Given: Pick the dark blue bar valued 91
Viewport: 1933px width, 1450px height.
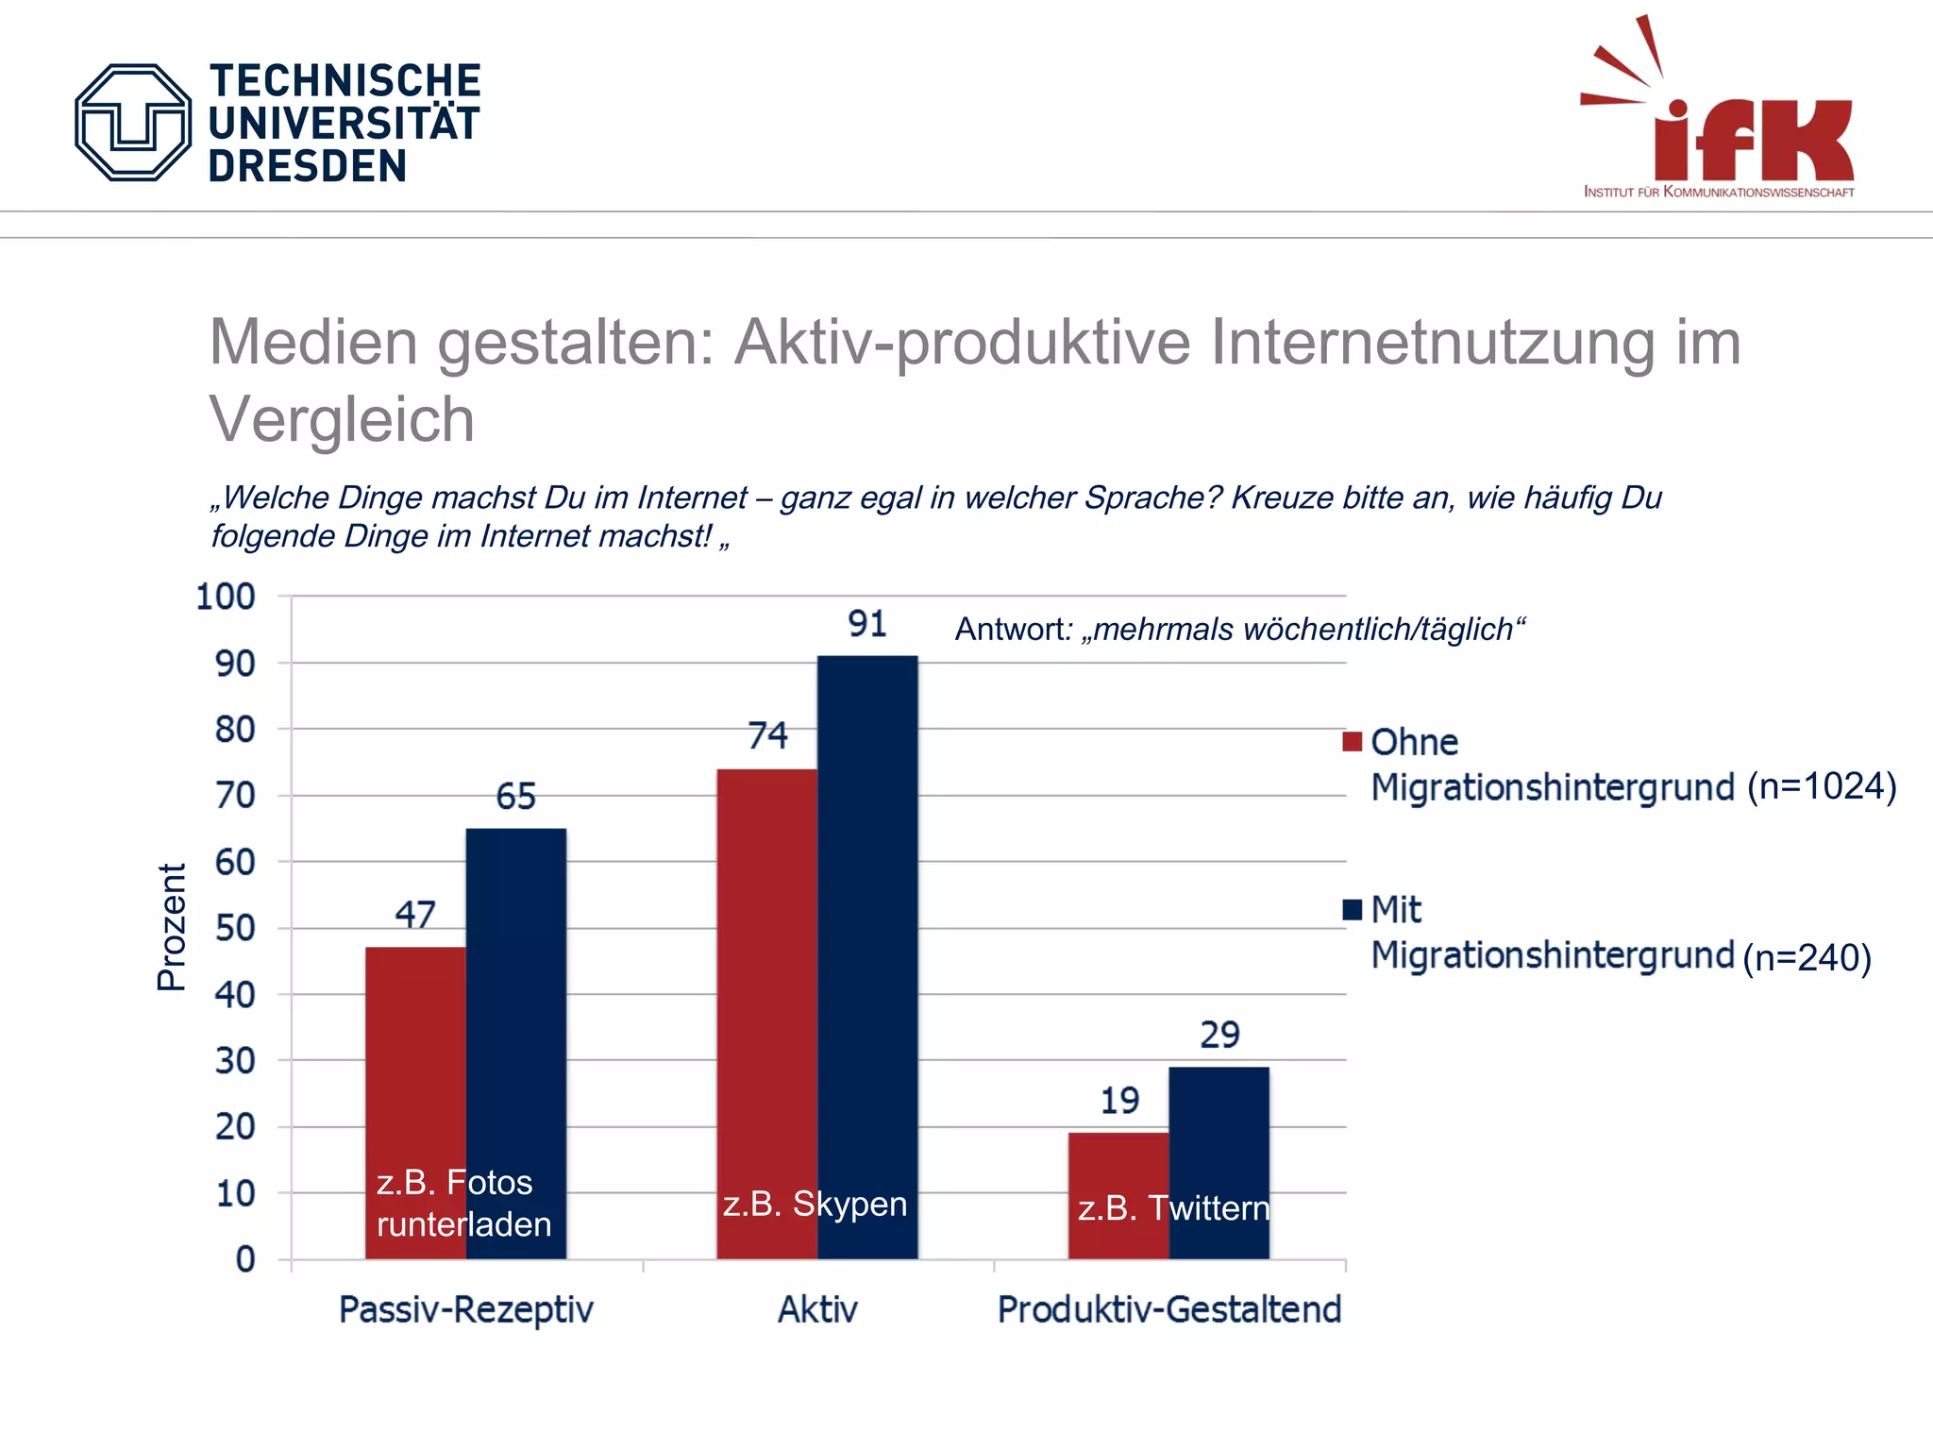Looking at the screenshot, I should tap(867, 925).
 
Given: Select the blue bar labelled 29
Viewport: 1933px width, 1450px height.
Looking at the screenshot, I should tap(1219, 1133).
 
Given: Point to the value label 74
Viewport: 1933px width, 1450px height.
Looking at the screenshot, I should tap(767, 735).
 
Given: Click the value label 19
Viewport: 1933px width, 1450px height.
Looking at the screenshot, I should tap(1119, 1101).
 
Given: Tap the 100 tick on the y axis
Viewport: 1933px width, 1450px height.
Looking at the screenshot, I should tap(225, 597).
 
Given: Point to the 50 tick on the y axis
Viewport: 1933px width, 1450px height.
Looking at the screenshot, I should tap(234, 928).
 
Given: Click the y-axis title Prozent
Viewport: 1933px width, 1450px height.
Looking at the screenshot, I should tap(172, 927).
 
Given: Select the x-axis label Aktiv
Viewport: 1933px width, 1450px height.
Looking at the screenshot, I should tap(817, 1309).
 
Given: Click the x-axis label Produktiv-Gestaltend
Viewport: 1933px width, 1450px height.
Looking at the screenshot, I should tap(1169, 1309).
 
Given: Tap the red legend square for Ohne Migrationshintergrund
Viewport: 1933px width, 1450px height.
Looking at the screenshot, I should tap(1352, 741).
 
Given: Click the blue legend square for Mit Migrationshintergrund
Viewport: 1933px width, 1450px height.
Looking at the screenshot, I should tap(1352, 909).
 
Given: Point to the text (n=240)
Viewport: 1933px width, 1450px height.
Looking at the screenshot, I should tap(1807, 957).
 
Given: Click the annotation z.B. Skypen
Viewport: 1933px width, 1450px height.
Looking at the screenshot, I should tap(815, 1204).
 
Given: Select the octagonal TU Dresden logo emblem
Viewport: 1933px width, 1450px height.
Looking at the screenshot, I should tap(133, 123).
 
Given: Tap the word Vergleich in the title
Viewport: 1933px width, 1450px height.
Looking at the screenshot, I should tap(342, 419).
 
